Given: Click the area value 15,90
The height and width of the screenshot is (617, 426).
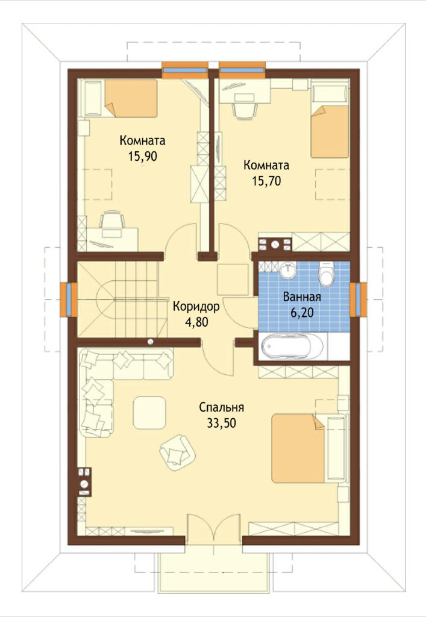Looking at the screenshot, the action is pyautogui.click(x=142, y=157).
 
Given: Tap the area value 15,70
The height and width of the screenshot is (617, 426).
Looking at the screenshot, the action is pyautogui.click(x=266, y=181).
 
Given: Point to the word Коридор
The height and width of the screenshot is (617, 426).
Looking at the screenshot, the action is pyautogui.click(x=196, y=306).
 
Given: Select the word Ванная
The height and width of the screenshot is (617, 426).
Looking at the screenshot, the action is pyautogui.click(x=302, y=296).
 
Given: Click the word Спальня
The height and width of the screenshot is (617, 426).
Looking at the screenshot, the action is pyautogui.click(x=222, y=407).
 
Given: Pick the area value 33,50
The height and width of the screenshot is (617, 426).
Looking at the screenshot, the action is pyautogui.click(x=222, y=424).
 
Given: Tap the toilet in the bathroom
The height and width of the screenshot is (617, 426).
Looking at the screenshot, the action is pyautogui.click(x=326, y=275).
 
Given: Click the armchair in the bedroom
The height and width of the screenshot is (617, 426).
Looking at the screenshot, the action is pyautogui.click(x=177, y=452).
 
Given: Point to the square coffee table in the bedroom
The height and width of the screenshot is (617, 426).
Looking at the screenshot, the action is pyautogui.click(x=149, y=412).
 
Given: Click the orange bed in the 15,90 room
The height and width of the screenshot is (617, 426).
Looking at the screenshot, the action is pyautogui.click(x=131, y=98).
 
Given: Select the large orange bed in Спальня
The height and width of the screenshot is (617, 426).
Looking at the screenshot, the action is pyautogui.click(x=298, y=448).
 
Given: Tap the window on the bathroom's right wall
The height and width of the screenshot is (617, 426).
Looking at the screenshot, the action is pyautogui.click(x=359, y=299).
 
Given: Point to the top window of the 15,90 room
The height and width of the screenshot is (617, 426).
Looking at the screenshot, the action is pyautogui.click(x=185, y=70).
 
